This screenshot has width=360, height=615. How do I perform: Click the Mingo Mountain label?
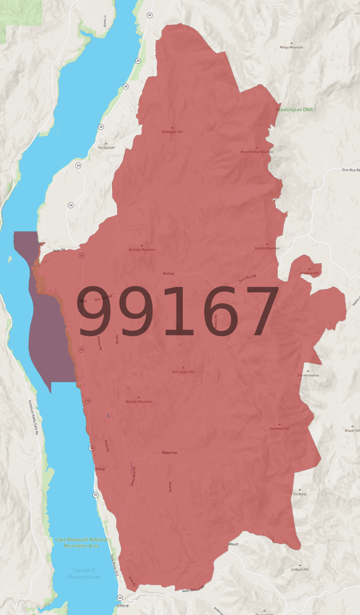click(x=291, y=47)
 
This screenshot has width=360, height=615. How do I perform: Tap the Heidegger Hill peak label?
click(x=172, y=132)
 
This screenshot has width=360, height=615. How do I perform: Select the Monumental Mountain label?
click(x=257, y=152)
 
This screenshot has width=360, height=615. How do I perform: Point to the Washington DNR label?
click(x=294, y=110)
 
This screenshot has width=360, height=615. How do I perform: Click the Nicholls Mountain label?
click(x=142, y=250)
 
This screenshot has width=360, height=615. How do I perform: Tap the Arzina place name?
click(x=168, y=274)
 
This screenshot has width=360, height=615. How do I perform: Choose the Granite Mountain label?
click(x=267, y=248)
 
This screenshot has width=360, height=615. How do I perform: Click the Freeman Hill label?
click(x=309, y=273)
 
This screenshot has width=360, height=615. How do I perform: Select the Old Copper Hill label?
click(x=183, y=372)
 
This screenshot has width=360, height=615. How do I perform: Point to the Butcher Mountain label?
click(x=139, y=402)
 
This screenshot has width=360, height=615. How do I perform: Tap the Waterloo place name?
click(x=169, y=453)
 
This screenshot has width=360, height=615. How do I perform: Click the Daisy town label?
click(x=100, y=469)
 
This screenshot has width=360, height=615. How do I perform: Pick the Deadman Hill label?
click(x=280, y=428)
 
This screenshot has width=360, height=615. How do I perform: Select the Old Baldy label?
click(x=300, y=494)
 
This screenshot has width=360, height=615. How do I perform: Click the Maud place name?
click(x=233, y=544)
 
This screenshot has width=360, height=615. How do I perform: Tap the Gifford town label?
click(x=123, y=606)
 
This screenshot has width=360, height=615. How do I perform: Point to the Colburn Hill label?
click(x=300, y=569)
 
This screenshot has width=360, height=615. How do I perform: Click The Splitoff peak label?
click(x=106, y=148)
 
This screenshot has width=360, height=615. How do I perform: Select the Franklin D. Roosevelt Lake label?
click(x=84, y=573)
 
